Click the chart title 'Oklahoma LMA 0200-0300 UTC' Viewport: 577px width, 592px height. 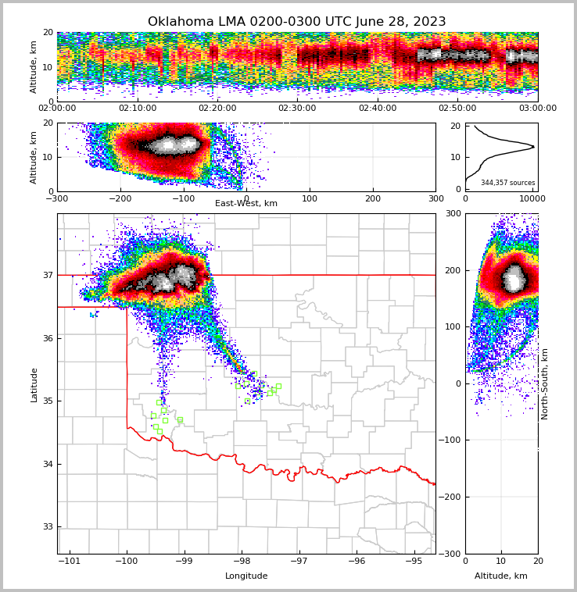[296, 22]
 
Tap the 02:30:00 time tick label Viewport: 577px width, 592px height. [297, 108]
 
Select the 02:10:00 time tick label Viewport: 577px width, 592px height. [137, 108]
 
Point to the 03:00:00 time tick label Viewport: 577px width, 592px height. [538, 108]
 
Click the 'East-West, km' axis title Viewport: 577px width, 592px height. [246, 204]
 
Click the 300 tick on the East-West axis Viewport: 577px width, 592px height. [435, 198]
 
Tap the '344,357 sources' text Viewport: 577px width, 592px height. [508, 183]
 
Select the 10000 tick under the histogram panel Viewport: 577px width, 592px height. [532, 198]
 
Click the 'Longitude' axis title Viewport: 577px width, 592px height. [246, 576]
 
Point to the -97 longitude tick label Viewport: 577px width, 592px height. [299, 562]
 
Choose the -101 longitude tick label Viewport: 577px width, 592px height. [70, 562]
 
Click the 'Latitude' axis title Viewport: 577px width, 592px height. [34, 384]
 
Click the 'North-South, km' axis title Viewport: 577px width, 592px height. [545, 384]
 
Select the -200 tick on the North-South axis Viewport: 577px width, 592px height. [452, 497]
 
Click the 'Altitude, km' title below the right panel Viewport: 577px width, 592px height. [501, 576]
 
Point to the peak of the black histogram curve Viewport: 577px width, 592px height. [534, 146]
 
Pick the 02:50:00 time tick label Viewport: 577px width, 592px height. [457, 108]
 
